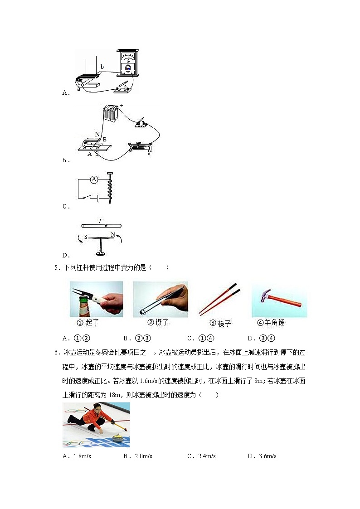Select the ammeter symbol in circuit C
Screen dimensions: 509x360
coord(94,179)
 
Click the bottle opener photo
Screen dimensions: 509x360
coord(96,299)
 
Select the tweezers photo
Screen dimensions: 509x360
coord(160,299)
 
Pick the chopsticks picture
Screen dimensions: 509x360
coord(219,299)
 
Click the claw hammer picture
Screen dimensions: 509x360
coord(279,299)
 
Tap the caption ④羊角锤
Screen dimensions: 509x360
coord(271,323)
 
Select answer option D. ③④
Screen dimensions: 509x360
coord(262,338)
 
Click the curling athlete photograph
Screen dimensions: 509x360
coord(96,424)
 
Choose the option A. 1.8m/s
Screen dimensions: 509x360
coord(77,456)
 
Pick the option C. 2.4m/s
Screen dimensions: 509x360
coord(201,456)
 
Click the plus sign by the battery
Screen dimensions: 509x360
coord(122,105)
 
